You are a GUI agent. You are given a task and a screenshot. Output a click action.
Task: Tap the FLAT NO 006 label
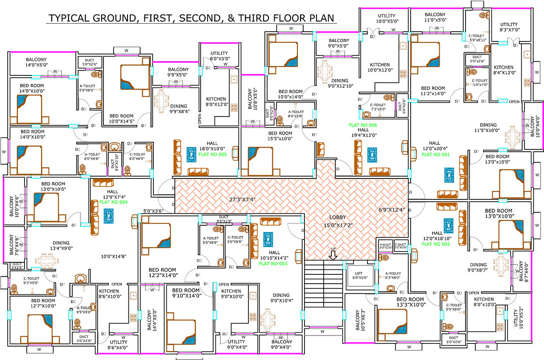point(363,125)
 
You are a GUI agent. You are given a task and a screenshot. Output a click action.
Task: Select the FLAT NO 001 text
point(436,154)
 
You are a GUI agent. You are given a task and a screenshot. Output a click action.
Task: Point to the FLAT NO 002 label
point(437,244)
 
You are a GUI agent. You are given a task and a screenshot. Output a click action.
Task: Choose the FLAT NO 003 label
point(273,264)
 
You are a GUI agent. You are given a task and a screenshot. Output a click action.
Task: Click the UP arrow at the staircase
point(333,255)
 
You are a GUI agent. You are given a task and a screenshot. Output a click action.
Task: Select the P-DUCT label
point(385,244)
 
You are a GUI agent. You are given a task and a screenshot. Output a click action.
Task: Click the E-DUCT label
point(400,244)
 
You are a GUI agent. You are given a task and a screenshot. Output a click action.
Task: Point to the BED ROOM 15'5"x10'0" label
point(280,136)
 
